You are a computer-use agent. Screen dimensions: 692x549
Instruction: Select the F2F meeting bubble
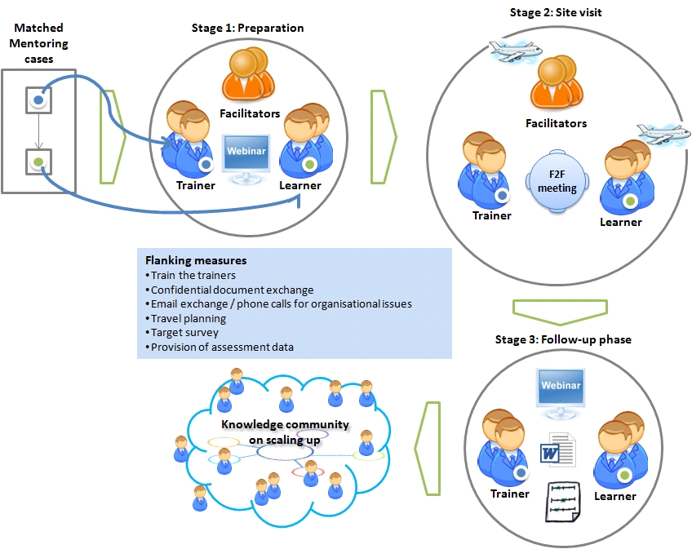click(557, 181)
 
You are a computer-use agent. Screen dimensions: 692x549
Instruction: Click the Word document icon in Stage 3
click(558, 450)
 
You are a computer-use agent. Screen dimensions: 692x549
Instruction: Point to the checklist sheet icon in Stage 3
click(563, 502)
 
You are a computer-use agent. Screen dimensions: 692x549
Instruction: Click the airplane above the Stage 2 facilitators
click(516, 51)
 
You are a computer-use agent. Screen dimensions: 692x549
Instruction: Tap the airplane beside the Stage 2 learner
click(663, 134)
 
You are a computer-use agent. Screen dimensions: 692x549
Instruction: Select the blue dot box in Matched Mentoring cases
click(39, 100)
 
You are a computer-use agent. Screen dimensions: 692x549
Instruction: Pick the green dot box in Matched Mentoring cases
click(39, 162)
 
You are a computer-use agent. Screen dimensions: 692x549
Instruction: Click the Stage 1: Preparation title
click(247, 29)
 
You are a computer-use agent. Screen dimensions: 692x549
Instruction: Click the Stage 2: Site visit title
click(556, 12)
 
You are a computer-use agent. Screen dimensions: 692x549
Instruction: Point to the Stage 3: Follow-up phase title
click(563, 339)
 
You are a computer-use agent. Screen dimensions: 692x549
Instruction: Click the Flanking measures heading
click(196, 260)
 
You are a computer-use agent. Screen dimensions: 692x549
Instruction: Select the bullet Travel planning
click(186, 318)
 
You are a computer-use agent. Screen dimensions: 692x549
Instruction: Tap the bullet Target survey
click(182, 332)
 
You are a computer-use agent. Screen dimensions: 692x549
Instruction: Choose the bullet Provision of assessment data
click(220, 347)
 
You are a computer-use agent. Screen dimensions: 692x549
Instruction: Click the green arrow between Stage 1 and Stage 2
click(384, 137)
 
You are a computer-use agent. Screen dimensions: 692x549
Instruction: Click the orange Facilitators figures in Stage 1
click(248, 74)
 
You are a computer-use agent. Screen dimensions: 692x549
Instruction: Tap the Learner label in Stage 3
click(614, 496)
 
